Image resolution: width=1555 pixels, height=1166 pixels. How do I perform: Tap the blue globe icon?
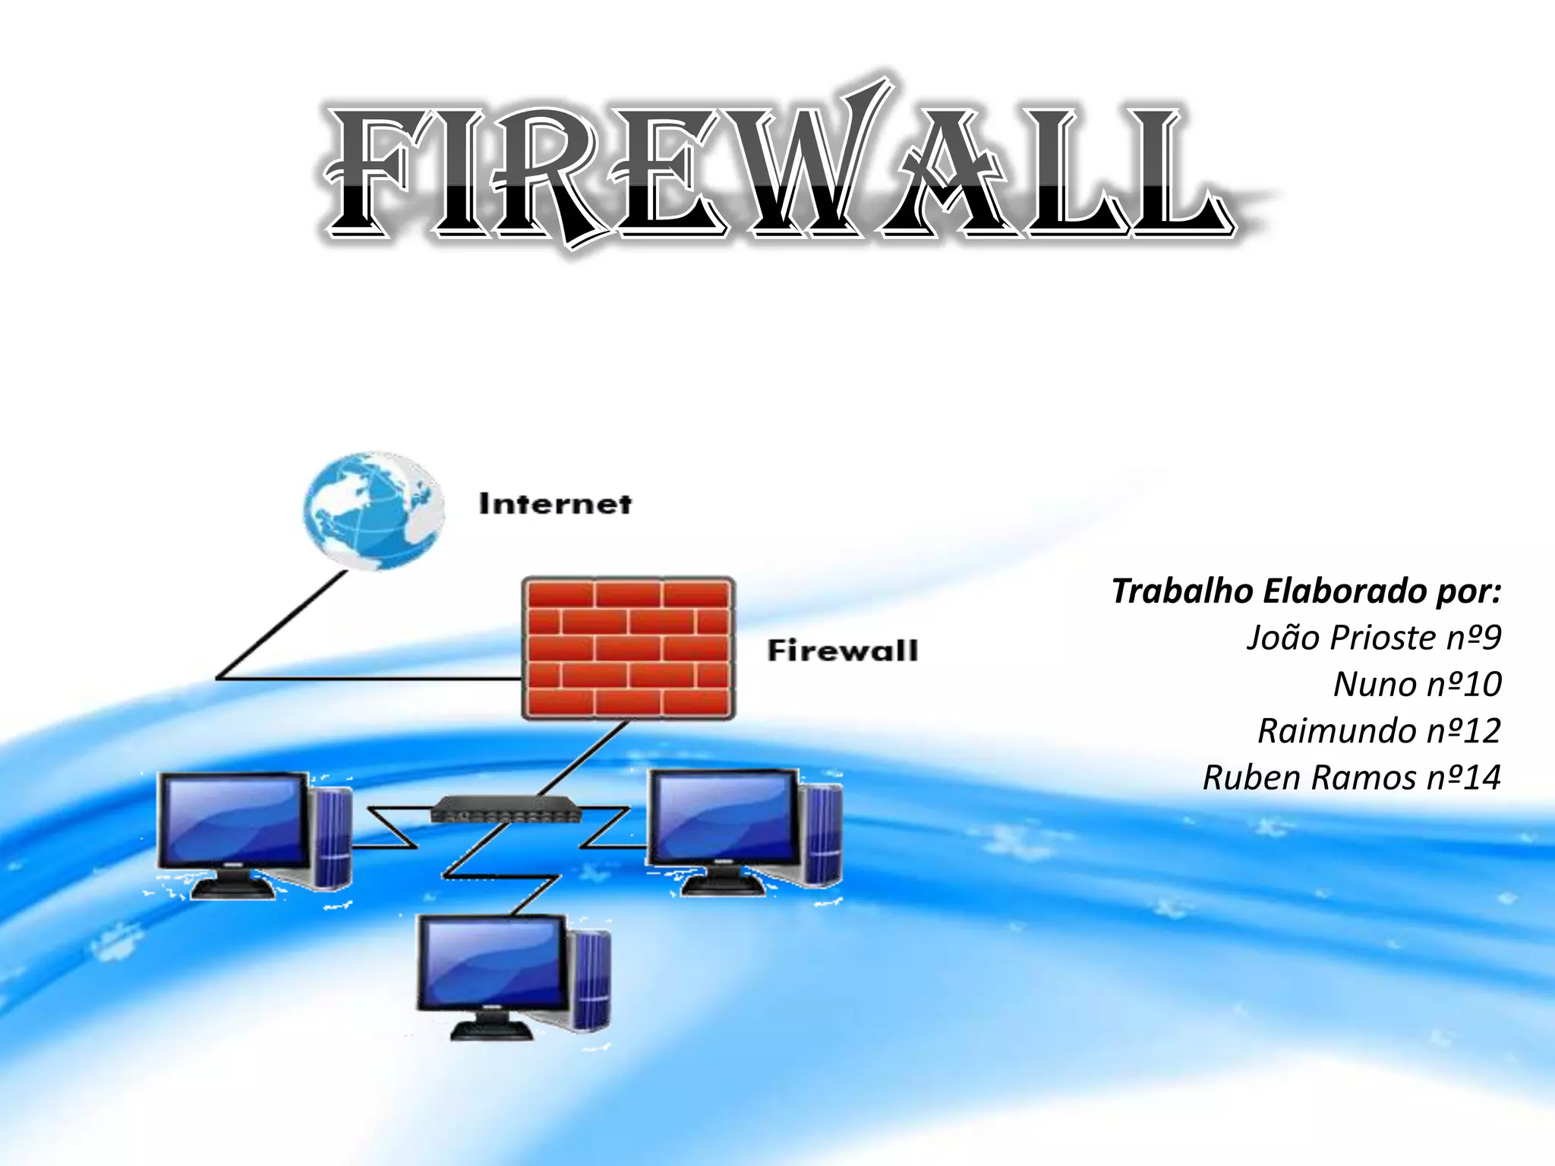(x=373, y=509)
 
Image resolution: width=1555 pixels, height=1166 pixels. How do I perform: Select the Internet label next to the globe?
(x=555, y=504)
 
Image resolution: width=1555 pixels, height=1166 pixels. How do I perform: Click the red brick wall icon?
(x=628, y=648)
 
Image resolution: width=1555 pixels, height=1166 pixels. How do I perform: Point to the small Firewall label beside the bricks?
(x=842, y=651)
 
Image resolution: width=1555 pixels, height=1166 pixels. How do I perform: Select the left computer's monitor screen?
(x=234, y=821)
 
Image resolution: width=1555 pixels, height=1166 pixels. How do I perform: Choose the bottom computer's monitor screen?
(x=492, y=963)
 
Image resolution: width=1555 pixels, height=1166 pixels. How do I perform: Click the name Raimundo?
(x=1337, y=731)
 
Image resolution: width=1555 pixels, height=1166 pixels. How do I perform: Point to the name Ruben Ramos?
(x=1309, y=778)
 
